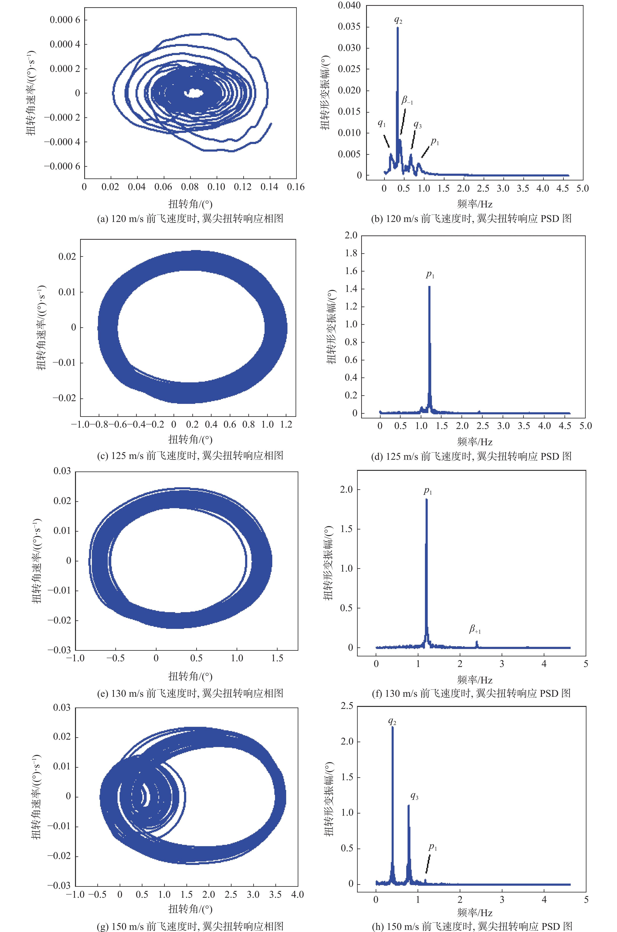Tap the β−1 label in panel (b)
pyautogui.click(x=407, y=101)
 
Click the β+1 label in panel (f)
pyautogui.click(x=475, y=629)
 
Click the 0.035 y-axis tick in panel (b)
pyautogui.click(x=349, y=27)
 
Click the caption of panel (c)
pyautogui.click(x=190, y=456)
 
